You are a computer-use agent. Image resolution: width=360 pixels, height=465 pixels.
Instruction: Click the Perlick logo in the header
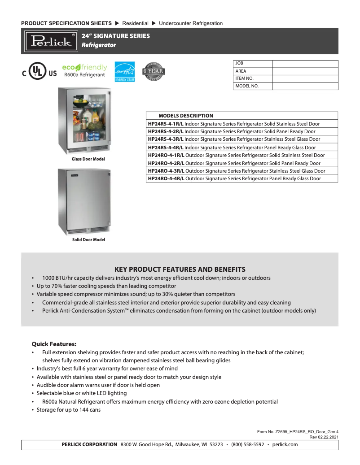(x=51, y=41)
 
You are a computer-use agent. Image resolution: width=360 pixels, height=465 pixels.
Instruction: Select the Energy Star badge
(x=124, y=71)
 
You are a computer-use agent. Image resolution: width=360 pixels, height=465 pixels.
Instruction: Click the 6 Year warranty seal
(x=153, y=71)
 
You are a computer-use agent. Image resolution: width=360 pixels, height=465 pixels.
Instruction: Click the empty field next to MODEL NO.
(x=305, y=86)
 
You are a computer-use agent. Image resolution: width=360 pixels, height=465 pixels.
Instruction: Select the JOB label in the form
(x=239, y=64)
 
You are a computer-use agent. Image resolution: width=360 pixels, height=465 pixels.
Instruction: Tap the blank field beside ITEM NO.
(x=305, y=78)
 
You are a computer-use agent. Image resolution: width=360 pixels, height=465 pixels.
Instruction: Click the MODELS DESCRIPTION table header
(x=186, y=116)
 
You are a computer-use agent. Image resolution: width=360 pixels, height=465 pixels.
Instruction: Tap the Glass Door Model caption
(x=88, y=159)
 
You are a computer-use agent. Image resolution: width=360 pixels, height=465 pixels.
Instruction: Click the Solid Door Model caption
(x=88, y=240)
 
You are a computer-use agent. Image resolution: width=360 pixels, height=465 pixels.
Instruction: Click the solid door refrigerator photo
(x=84, y=201)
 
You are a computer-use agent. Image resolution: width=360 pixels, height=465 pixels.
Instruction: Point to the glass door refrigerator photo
(x=84, y=121)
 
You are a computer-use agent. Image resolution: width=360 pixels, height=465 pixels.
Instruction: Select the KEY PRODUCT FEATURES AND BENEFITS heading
(x=180, y=269)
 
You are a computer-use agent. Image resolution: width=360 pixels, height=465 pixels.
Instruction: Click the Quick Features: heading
(x=54, y=344)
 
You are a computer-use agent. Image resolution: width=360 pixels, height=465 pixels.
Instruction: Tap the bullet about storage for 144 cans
(x=68, y=410)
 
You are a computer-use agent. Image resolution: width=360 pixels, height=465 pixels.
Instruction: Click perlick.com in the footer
(x=285, y=444)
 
